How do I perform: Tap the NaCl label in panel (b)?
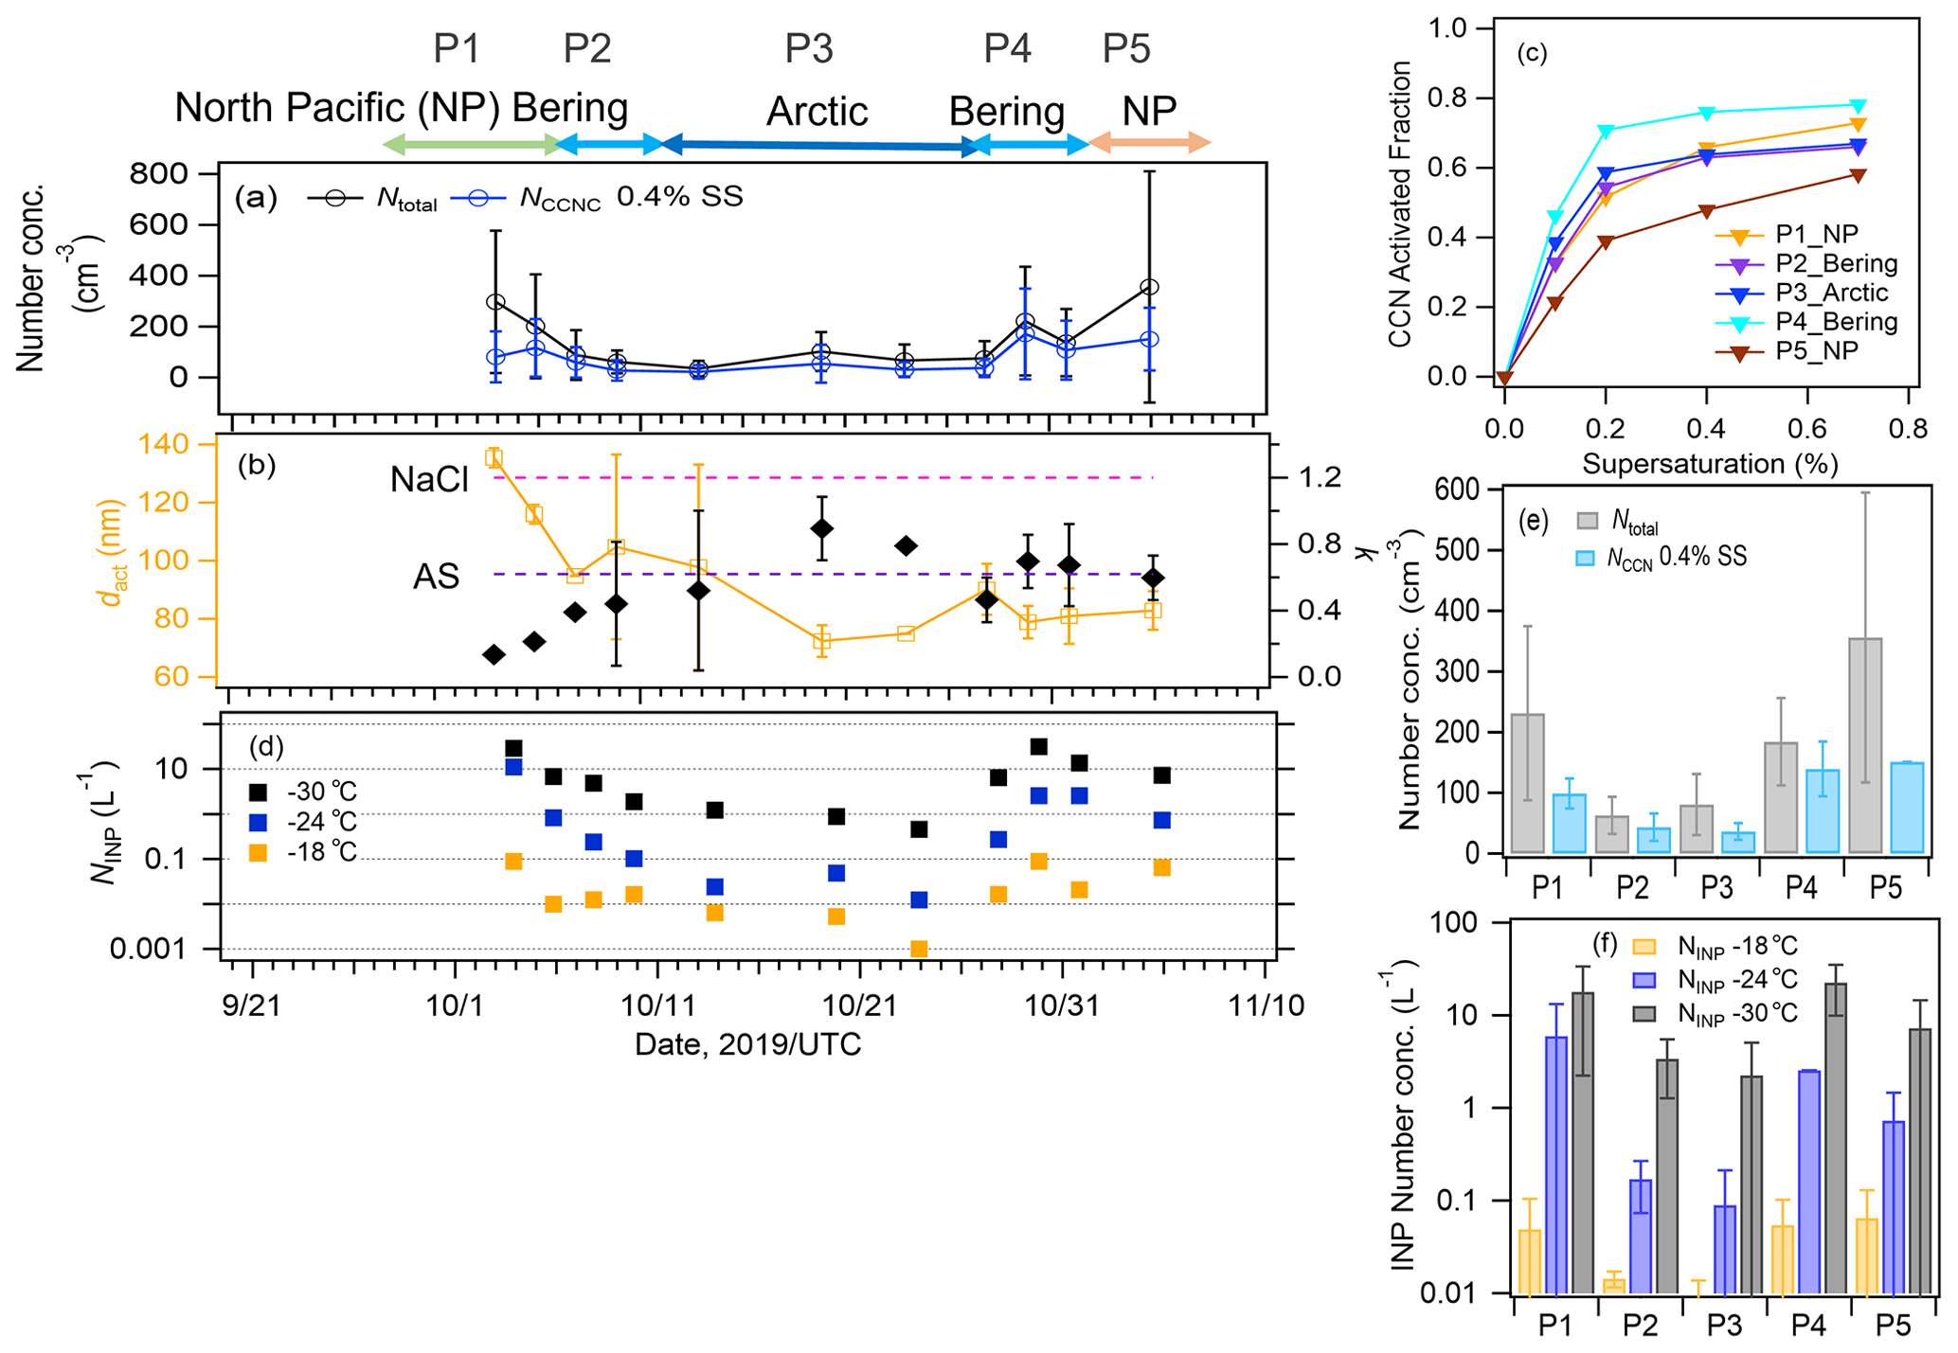[x=429, y=481]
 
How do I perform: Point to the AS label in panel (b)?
[x=436, y=577]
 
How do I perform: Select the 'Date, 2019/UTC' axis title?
[x=747, y=1045]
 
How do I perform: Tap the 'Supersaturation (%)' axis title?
[x=1710, y=464]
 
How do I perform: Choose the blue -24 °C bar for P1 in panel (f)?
[x=1555, y=1165]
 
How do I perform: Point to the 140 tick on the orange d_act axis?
[x=163, y=444]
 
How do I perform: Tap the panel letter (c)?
[x=1531, y=53]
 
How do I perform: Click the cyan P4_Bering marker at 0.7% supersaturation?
[x=1858, y=106]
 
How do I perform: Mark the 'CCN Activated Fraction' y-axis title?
[x=1399, y=204]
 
